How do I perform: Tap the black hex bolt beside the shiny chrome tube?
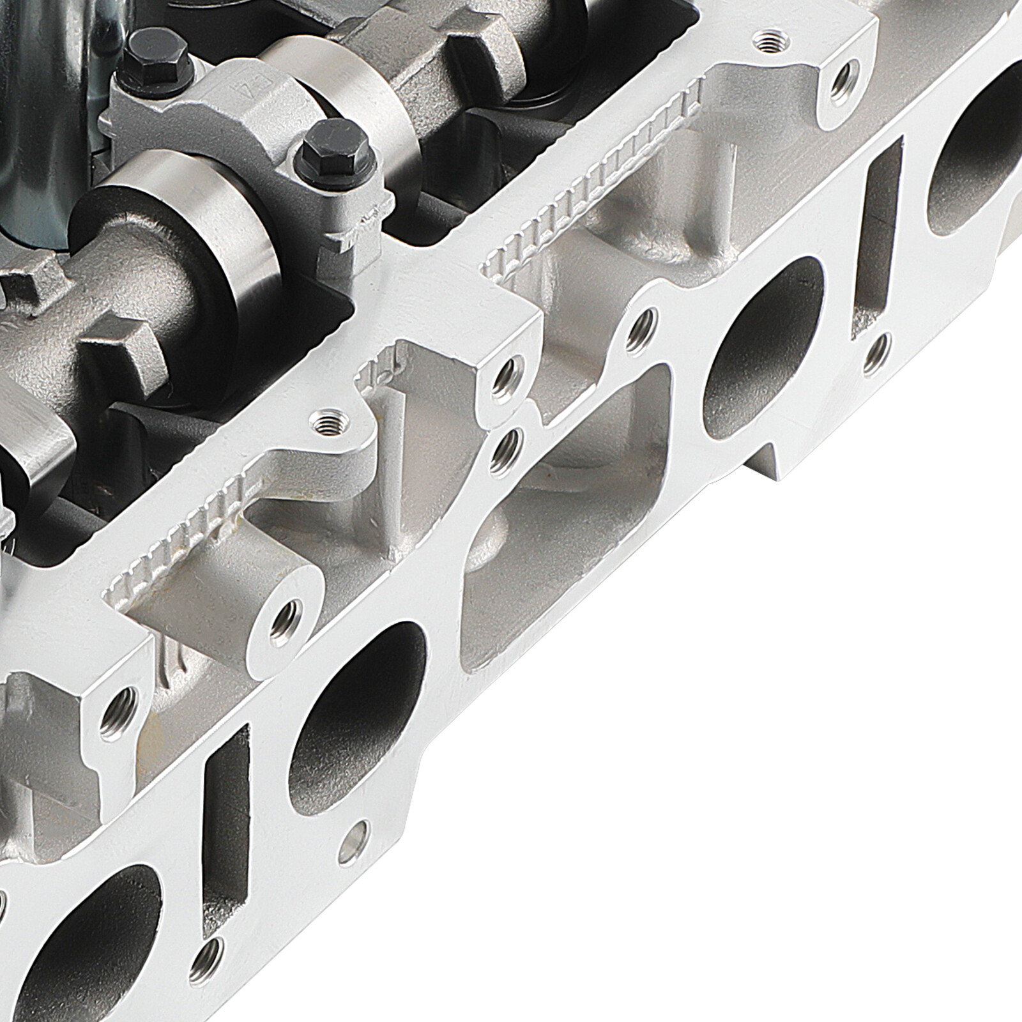141,50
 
